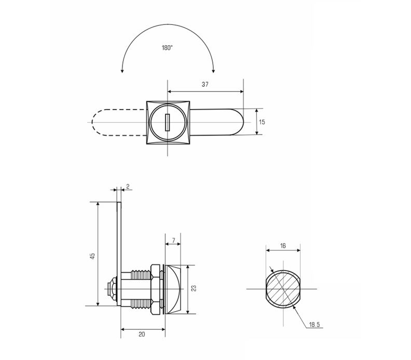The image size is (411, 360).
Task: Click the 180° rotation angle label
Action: click(x=167, y=48)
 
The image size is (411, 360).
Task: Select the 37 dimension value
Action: click(x=205, y=84)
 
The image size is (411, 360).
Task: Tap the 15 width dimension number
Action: click(x=262, y=122)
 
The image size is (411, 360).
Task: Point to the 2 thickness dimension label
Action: click(x=128, y=186)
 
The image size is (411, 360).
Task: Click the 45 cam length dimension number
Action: click(x=92, y=256)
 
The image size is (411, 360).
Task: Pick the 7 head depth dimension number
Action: click(x=173, y=241)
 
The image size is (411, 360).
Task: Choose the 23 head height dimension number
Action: click(x=194, y=288)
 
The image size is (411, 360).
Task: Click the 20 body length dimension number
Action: click(x=142, y=335)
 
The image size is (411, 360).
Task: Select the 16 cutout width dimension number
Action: click(x=283, y=246)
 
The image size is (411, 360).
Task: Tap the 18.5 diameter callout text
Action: click(x=314, y=325)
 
